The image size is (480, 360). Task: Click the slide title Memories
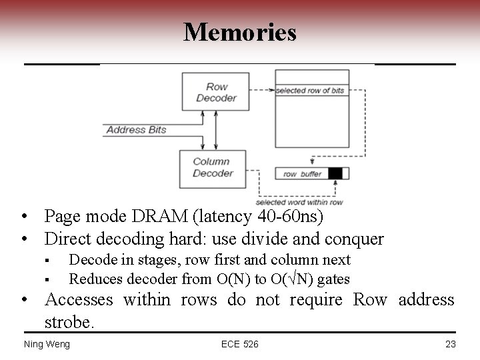(240, 32)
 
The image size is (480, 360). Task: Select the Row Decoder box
(216, 93)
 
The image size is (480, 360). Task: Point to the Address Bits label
(136, 129)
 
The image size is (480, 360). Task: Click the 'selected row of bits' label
(311, 91)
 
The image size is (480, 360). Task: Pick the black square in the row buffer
(335, 174)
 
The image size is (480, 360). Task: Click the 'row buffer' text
(302, 174)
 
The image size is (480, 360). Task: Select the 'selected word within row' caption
(299, 202)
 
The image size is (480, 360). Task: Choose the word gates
(333, 279)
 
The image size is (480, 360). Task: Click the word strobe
(69, 323)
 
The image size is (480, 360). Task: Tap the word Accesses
(79, 301)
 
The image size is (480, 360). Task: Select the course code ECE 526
(240, 344)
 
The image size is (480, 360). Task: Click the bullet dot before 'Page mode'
(24, 217)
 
